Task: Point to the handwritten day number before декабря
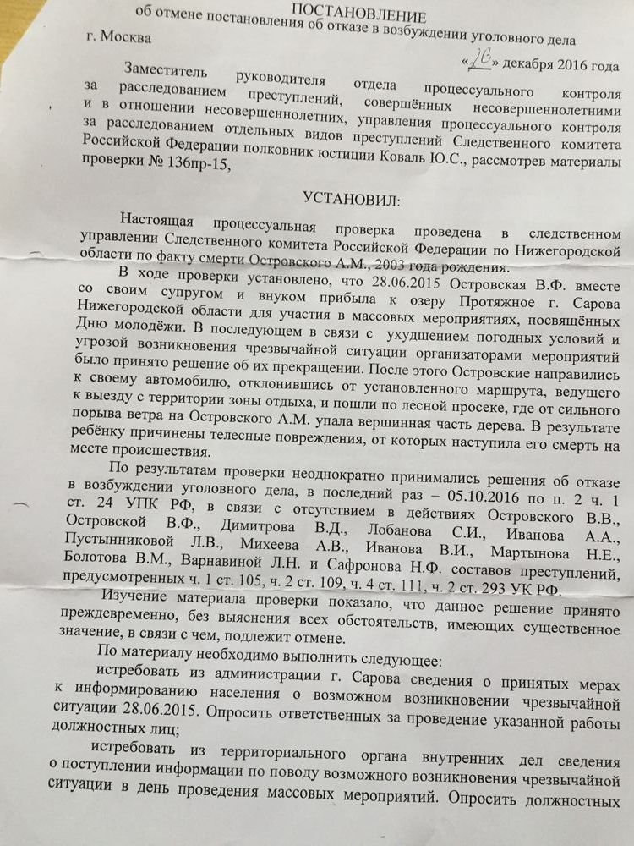[482, 60]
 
